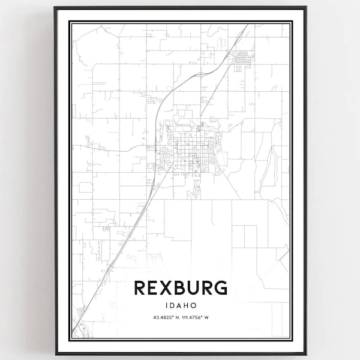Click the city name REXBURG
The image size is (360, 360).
point(180,288)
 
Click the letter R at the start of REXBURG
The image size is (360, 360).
point(139,288)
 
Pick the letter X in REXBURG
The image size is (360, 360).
point(166,288)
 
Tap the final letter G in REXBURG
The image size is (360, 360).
point(220,288)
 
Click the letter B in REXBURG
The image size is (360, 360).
point(179,288)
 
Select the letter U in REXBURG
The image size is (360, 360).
point(193,288)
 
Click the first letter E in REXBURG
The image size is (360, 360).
point(153,288)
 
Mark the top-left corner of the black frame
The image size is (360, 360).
point(55,8)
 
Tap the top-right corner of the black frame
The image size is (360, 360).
point(306,8)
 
